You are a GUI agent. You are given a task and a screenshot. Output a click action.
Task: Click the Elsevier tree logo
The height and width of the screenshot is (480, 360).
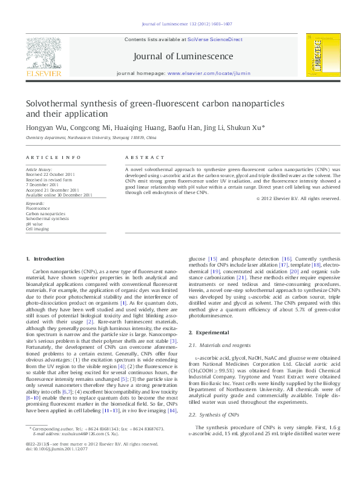43,53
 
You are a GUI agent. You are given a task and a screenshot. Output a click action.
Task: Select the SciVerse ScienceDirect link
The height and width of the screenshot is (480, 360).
215,39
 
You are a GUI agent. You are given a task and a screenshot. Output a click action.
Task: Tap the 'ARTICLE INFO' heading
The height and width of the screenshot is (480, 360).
45,157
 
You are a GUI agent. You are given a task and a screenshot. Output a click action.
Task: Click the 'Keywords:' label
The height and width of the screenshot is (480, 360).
34,204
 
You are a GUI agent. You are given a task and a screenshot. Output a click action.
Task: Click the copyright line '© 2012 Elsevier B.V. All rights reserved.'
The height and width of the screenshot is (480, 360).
298,198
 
